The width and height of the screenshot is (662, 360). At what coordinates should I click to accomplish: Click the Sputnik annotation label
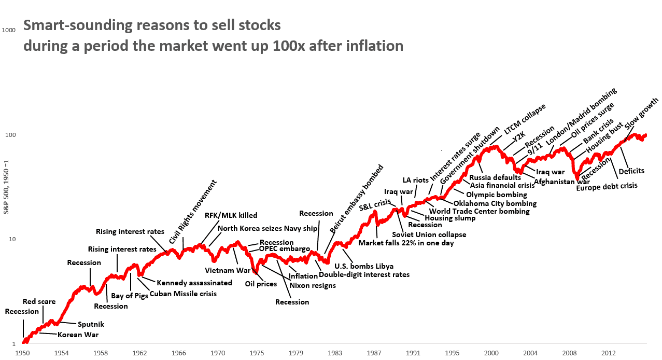[x=91, y=324]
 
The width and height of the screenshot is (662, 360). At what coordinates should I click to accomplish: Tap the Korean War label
[x=78, y=335]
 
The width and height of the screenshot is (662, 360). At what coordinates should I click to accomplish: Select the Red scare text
[x=39, y=301]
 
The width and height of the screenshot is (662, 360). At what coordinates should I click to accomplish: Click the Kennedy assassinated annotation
[x=194, y=283]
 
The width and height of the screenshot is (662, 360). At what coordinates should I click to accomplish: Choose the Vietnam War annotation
[x=228, y=270]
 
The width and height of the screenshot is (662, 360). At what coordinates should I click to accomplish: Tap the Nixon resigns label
[x=313, y=285]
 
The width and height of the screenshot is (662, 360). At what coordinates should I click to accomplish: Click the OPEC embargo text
[x=285, y=249]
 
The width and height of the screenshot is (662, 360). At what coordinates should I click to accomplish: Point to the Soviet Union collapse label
[x=429, y=234]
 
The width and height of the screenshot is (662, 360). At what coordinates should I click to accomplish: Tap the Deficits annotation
[x=631, y=171]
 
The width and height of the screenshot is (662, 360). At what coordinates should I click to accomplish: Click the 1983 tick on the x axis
[x=335, y=353]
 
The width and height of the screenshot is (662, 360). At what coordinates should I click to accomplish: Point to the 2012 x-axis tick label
[x=609, y=353]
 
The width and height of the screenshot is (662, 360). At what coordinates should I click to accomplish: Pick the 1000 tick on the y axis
[x=9, y=30]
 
